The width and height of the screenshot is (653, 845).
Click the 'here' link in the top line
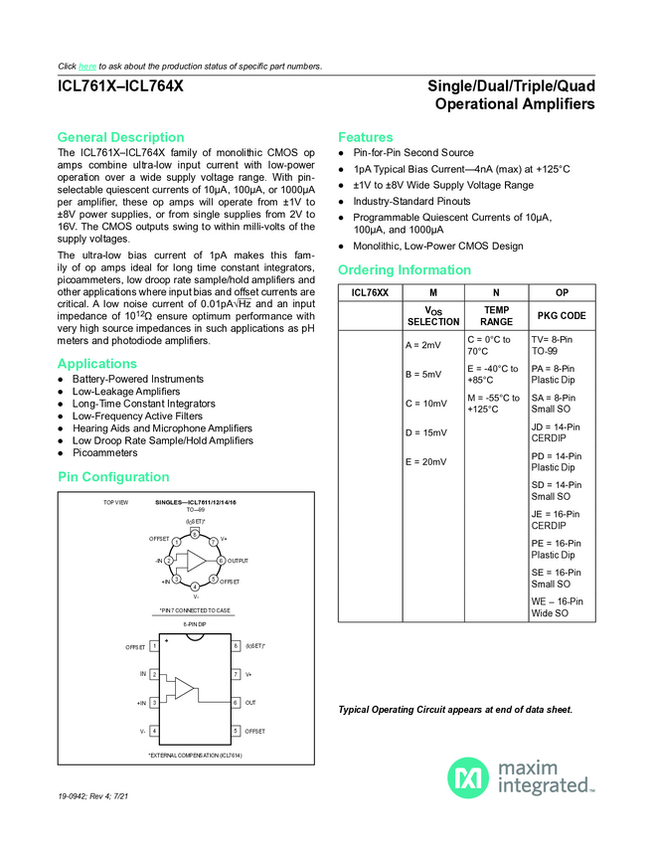point(86,67)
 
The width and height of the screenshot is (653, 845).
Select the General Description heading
point(120,137)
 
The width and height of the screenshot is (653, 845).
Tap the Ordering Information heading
point(405,270)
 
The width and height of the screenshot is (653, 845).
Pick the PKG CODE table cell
point(563,315)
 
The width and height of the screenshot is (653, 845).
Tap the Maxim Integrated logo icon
point(467,777)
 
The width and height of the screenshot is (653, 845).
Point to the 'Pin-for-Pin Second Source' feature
point(413,153)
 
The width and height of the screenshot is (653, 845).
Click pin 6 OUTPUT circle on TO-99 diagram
point(220,561)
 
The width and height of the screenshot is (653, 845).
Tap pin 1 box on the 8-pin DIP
point(155,646)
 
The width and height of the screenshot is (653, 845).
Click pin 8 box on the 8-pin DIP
point(236,646)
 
